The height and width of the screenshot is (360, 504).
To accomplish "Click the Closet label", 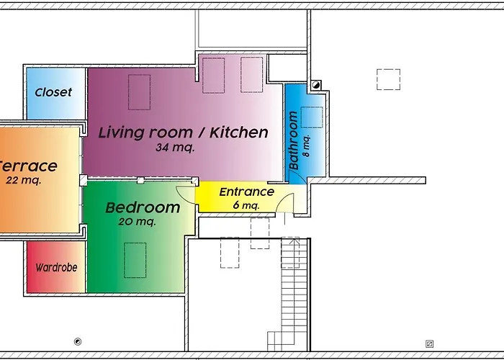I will [53, 93].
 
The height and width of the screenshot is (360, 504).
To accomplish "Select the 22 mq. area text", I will [23, 181].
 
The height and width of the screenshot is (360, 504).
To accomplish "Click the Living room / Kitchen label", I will [183, 132].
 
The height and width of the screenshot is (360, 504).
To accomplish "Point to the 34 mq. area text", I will [175, 148].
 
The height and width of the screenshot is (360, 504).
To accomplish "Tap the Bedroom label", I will [143, 208].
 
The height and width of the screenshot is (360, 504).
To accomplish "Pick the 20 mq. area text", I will [136, 222].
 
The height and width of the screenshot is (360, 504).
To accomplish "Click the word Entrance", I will [246, 192].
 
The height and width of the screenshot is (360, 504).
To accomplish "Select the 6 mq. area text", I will [246, 205].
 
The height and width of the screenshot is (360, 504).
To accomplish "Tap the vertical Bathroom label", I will [294, 140].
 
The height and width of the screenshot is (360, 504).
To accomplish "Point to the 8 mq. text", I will [306, 147].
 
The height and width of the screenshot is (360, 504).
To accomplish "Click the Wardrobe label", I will [56, 267].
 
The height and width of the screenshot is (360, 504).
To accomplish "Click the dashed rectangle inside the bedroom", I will [135, 260].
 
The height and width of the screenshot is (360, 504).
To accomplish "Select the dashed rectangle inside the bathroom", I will [312, 117].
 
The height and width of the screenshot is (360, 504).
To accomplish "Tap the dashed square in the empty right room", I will [388, 78].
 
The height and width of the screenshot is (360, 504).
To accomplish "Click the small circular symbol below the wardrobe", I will [78, 341].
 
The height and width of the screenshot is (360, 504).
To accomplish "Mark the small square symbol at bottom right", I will [429, 343].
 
